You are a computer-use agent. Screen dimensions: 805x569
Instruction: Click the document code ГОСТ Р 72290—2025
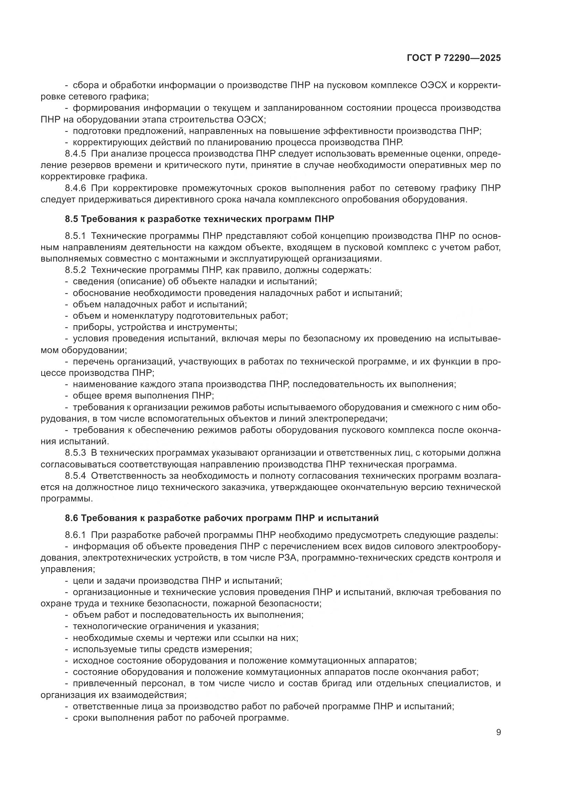454,58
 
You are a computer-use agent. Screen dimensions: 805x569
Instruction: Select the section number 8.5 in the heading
72,219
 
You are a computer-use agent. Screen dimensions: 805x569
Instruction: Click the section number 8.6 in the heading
72,518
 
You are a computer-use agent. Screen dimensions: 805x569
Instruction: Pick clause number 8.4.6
75,188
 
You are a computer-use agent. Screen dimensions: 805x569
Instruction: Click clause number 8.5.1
75,236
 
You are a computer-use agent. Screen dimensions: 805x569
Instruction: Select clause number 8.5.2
75,270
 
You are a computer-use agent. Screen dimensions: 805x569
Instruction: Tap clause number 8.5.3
75,453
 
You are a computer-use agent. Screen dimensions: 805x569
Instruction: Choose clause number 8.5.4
75,476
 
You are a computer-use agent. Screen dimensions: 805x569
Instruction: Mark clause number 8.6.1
75,535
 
